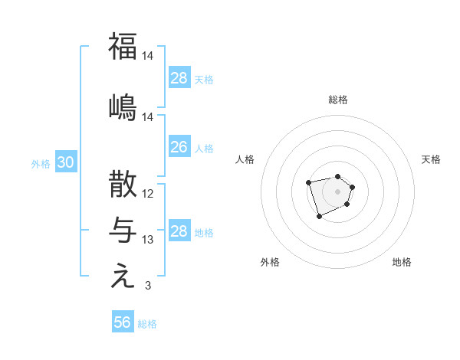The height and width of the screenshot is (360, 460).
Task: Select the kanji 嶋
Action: (x=123, y=107)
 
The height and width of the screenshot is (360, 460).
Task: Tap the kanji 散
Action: (x=123, y=185)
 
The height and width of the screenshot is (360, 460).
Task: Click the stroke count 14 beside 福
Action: (x=148, y=56)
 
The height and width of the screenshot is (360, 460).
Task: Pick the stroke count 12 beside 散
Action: (x=148, y=194)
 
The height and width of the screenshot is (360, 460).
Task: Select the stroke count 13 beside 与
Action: (x=148, y=240)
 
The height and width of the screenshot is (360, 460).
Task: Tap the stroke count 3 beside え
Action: (x=147, y=286)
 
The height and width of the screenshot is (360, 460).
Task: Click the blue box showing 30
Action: (x=65, y=162)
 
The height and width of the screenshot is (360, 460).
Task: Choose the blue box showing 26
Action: (x=179, y=147)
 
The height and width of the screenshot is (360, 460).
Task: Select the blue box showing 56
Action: (x=122, y=322)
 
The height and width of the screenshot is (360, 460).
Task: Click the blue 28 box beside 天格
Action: (x=179, y=78)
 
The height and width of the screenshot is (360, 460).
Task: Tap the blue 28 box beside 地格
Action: (x=179, y=231)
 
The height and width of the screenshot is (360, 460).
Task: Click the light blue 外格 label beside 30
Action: (x=41, y=163)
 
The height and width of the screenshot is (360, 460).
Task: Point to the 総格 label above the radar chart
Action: (x=338, y=100)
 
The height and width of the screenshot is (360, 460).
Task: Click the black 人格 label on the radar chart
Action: (x=245, y=159)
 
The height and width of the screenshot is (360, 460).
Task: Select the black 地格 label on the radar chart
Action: (x=402, y=263)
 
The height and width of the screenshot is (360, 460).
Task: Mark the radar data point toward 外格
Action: (x=319, y=217)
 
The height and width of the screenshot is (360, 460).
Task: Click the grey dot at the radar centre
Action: (x=337, y=191)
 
